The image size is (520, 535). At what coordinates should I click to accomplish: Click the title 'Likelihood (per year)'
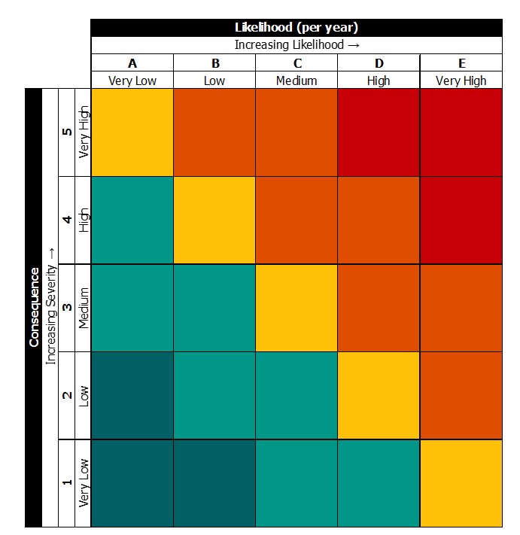point(296,28)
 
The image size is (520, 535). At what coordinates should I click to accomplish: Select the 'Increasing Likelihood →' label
point(296,45)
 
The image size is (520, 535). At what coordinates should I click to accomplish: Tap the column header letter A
point(132,63)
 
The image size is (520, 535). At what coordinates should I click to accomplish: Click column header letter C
point(296,63)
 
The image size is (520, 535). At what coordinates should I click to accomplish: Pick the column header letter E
point(461,63)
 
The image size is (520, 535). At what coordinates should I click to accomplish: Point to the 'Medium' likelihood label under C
point(296,81)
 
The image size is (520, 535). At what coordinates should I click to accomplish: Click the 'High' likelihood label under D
point(379,81)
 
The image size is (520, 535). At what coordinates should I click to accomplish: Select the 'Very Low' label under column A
point(132,81)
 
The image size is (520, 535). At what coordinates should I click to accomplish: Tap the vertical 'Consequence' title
point(33,307)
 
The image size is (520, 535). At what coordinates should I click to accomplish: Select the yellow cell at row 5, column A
point(132,132)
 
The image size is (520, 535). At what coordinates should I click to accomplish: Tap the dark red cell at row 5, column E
point(461,132)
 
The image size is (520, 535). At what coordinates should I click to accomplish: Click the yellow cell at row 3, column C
point(296,307)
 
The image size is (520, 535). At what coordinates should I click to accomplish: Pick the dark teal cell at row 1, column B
point(214,482)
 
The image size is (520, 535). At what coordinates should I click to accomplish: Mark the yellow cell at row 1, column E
point(461,482)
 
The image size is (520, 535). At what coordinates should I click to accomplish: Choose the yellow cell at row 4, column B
point(214,220)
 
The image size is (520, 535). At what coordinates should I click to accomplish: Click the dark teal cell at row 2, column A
point(132,395)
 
